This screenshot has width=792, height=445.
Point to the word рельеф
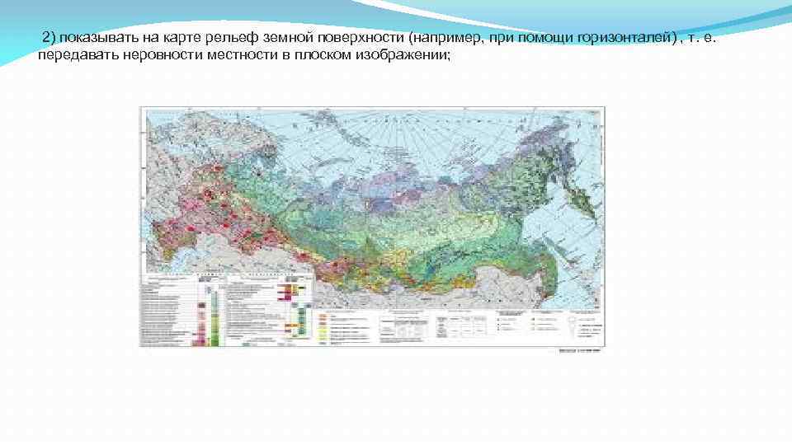(x=218, y=40)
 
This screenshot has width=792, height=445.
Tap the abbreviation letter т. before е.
(x=700, y=40)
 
